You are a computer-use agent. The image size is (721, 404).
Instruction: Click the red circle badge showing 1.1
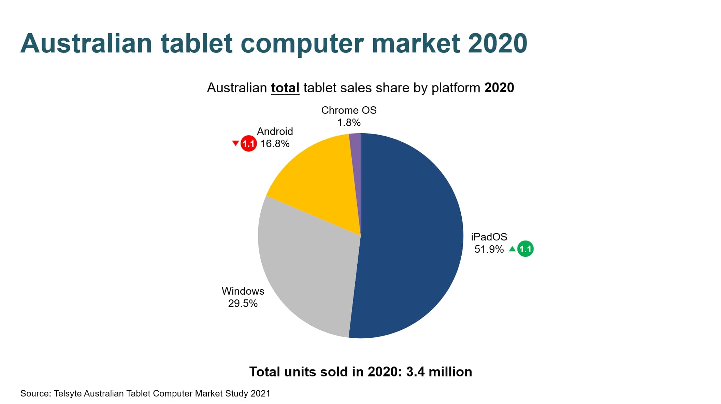click(248, 143)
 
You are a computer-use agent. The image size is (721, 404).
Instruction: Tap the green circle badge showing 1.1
click(525, 249)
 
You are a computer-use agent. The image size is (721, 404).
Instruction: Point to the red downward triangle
click(235, 143)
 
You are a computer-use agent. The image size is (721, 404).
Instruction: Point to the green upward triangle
click(512, 249)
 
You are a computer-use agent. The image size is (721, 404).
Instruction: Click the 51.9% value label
click(489, 249)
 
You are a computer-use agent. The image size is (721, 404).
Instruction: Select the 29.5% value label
click(243, 304)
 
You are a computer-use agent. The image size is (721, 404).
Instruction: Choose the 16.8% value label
click(275, 144)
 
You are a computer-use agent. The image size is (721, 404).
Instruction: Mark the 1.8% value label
click(349, 123)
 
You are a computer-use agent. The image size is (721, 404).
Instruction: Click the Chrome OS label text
click(349, 110)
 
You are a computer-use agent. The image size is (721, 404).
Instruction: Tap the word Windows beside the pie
click(243, 291)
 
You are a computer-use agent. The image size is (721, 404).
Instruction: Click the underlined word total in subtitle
click(285, 88)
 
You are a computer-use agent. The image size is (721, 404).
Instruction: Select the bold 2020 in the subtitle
click(499, 88)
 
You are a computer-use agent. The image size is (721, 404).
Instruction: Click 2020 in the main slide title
click(497, 43)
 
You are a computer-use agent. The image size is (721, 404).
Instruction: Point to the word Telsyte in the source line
click(68, 394)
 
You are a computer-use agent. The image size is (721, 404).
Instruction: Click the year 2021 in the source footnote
click(260, 394)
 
